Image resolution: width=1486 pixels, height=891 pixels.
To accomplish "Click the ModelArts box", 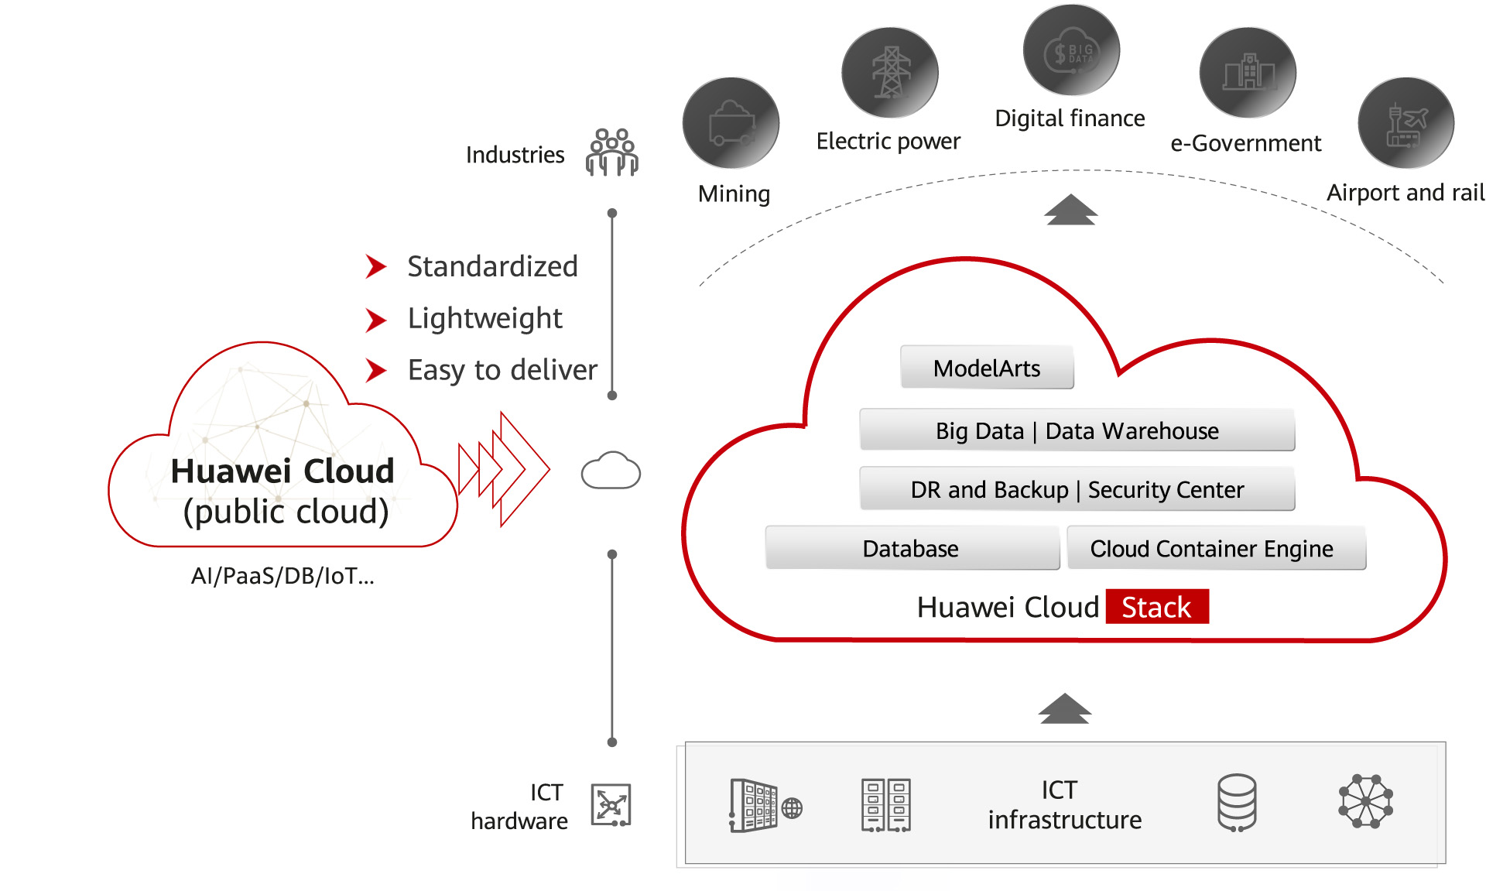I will pyautogui.click(x=987, y=368).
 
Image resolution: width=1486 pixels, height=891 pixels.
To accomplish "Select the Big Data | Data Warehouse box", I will pyautogui.click(x=1077, y=430).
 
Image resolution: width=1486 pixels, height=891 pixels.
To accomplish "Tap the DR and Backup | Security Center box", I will pyautogui.click(x=1077, y=489).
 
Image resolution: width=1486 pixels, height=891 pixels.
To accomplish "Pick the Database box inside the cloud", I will pyautogui.click(x=912, y=548).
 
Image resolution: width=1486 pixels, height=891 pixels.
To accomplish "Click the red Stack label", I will pyautogui.click(x=1157, y=607).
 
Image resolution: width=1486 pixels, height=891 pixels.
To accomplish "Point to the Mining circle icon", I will pyautogui.click(x=731, y=123).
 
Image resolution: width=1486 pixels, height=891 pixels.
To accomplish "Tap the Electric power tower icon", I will pyautogui.click(x=890, y=73).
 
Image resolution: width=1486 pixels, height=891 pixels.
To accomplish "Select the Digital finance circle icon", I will pyautogui.click(x=1071, y=51).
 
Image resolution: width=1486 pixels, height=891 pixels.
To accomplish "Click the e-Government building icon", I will pyautogui.click(x=1248, y=73).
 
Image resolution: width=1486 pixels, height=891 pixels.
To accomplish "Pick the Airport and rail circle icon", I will pyautogui.click(x=1406, y=123).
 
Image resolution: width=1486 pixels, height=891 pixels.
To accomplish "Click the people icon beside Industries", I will pyautogui.click(x=612, y=152).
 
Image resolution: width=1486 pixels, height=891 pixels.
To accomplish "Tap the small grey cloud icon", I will pyautogui.click(x=611, y=471).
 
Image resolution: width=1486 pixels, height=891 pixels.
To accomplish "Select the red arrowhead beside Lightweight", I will pyautogui.click(x=375, y=320).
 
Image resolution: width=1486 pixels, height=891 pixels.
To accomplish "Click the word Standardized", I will pyautogui.click(x=492, y=266).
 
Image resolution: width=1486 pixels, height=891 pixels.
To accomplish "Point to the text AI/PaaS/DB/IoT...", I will pyautogui.click(x=282, y=576).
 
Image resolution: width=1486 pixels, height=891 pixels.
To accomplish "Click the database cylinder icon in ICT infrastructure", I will pyautogui.click(x=1237, y=803).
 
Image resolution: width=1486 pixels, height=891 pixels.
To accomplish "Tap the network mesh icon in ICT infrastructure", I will pyautogui.click(x=1365, y=801).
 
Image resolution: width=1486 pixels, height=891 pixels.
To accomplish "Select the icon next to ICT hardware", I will pyautogui.click(x=611, y=805).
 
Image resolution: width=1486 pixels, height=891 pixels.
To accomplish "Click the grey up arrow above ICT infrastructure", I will pyautogui.click(x=1065, y=708).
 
